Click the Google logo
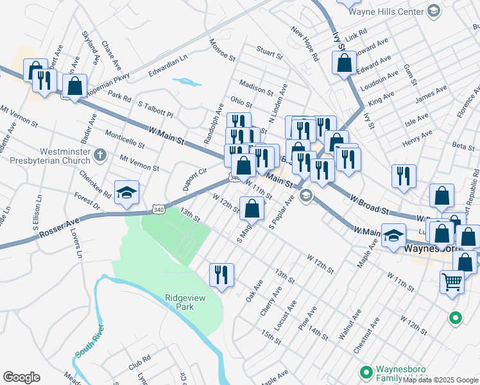(x=21, y=377)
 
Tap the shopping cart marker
(x=452, y=281)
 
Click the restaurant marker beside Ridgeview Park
(x=221, y=275)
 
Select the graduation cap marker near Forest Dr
(x=126, y=192)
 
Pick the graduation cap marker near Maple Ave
(x=393, y=235)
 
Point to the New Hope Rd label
(x=305, y=44)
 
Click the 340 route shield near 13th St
(x=159, y=209)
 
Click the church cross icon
(x=99, y=155)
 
